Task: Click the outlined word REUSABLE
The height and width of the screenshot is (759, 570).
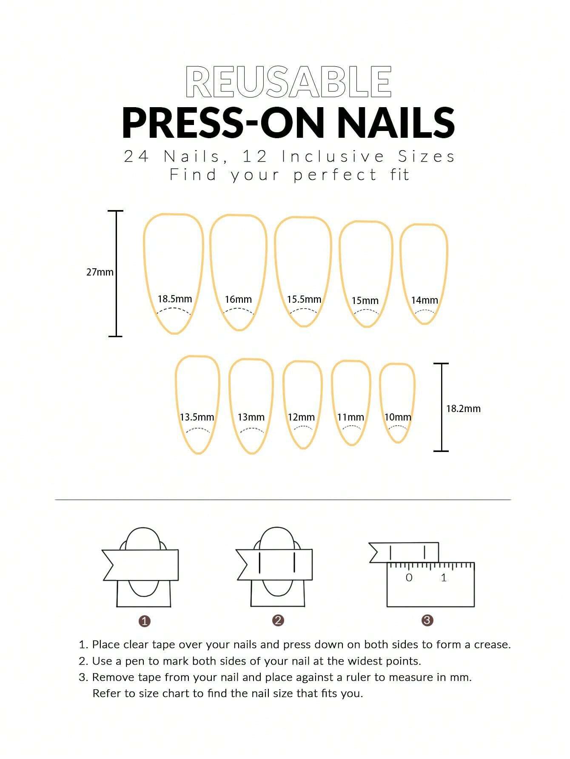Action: pyautogui.click(x=288, y=82)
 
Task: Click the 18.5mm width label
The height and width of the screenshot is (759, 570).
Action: pyautogui.click(x=175, y=299)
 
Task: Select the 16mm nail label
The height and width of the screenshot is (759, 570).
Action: pyautogui.click(x=238, y=299)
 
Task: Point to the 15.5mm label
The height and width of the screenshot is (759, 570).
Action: pyautogui.click(x=304, y=299)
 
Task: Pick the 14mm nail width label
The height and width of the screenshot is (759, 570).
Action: pyautogui.click(x=424, y=300)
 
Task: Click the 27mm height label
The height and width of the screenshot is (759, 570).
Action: pyautogui.click(x=100, y=272)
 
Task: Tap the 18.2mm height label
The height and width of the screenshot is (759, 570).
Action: pyautogui.click(x=463, y=409)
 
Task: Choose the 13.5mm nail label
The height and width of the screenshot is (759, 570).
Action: pyautogui.click(x=197, y=417)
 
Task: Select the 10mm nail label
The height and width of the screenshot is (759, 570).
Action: pyautogui.click(x=398, y=417)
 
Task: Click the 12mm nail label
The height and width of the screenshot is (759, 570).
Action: pyautogui.click(x=301, y=417)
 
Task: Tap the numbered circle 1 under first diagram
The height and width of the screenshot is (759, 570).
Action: pyautogui.click(x=145, y=621)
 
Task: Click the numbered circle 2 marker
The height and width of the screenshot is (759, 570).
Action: pyautogui.click(x=278, y=620)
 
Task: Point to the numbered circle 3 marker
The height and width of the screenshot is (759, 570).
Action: pyautogui.click(x=427, y=620)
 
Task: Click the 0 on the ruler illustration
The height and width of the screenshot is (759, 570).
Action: pyautogui.click(x=409, y=577)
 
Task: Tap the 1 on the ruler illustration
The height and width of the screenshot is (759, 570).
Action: pyautogui.click(x=444, y=577)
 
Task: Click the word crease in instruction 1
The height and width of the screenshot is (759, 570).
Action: pyautogui.click(x=492, y=645)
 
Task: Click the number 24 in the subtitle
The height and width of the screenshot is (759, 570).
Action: pyautogui.click(x=136, y=156)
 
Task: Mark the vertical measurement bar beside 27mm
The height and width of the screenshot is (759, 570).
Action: pyautogui.click(x=116, y=273)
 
